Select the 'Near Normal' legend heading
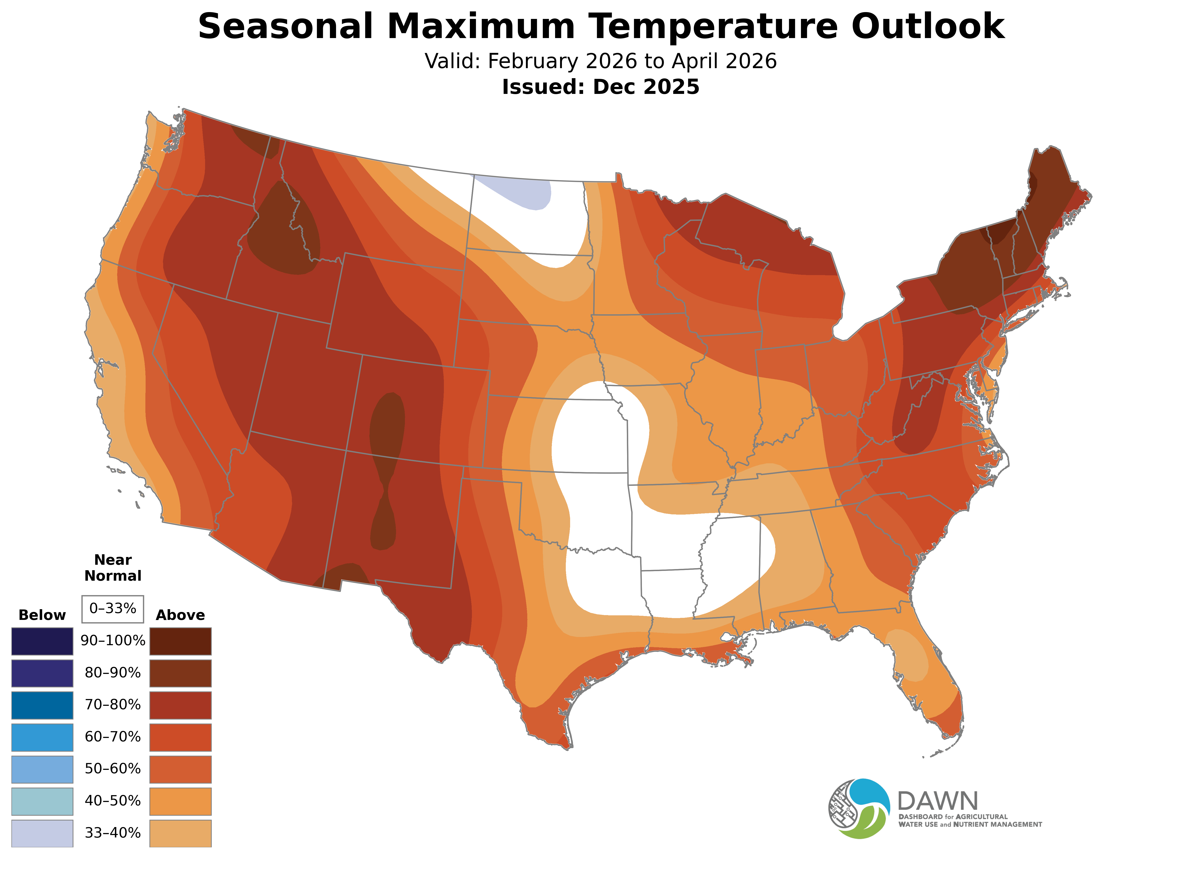(113, 568)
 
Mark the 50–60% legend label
(113, 769)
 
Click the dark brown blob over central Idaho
(283, 233)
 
